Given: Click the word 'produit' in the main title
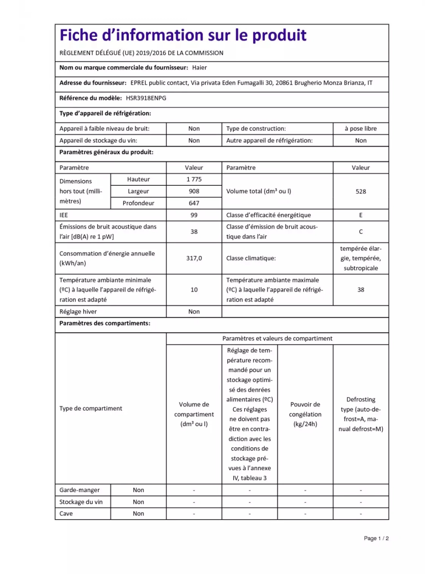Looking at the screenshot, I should click(x=279, y=36).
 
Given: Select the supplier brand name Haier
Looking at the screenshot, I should click(x=199, y=68).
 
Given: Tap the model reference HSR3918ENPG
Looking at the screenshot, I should click(x=146, y=98).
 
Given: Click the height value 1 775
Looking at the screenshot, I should click(x=194, y=179).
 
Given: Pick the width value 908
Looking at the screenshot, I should click(x=194, y=191).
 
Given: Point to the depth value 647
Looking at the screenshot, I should click(x=194, y=203).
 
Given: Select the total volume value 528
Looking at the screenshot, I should click(x=360, y=191).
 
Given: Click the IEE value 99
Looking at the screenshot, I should click(x=194, y=215).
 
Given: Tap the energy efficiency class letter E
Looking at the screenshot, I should click(x=360, y=215).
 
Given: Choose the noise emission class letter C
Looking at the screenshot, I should click(x=360, y=232).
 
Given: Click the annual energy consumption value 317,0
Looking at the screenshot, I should click(x=194, y=258).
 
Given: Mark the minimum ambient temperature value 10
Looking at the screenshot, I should click(x=194, y=290).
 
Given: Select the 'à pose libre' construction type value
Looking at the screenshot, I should click(x=360, y=129).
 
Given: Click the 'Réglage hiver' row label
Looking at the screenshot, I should click(x=78, y=312).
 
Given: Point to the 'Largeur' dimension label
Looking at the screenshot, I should click(x=138, y=191).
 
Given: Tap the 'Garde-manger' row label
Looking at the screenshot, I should click(x=80, y=490).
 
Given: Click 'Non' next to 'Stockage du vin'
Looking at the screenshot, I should click(x=138, y=502).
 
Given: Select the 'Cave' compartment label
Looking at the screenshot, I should click(x=66, y=514).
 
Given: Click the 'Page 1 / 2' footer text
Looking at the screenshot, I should click(x=376, y=538).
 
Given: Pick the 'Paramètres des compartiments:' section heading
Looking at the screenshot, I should click(x=105, y=323).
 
